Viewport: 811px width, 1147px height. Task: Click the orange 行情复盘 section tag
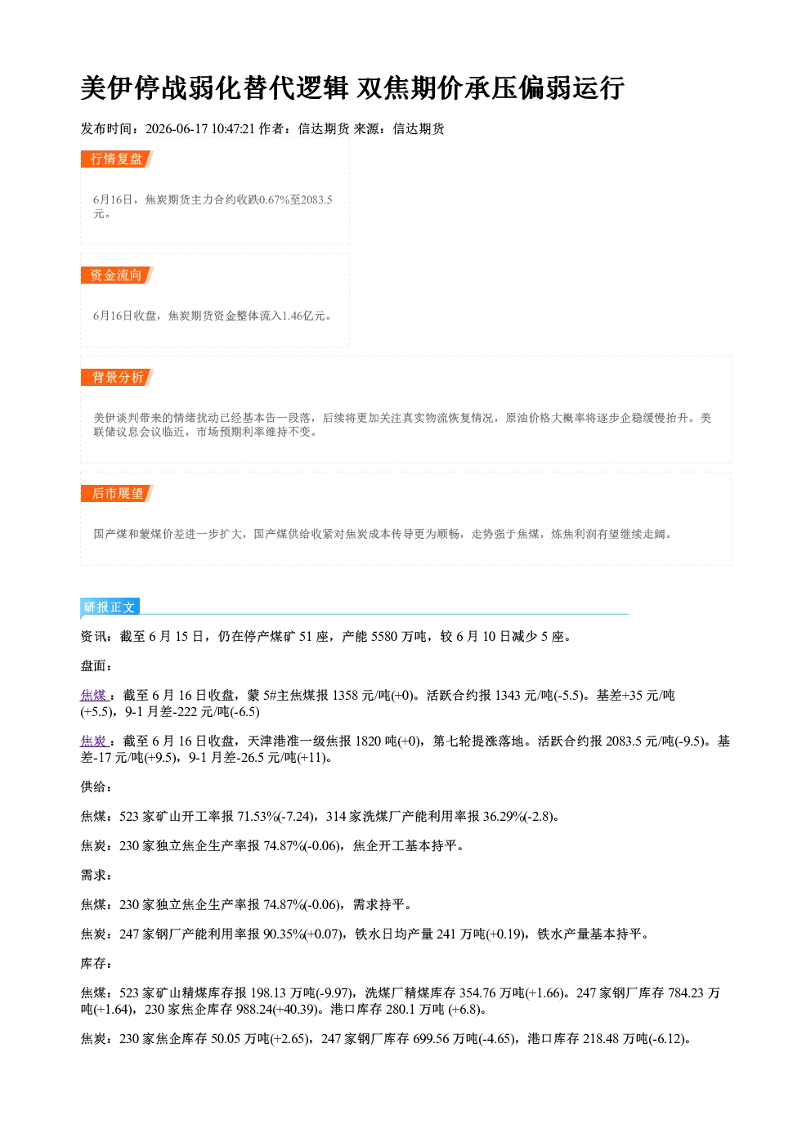click(117, 159)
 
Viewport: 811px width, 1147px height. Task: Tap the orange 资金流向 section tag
click(117, 275)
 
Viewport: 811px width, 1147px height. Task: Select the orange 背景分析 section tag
click(117, 378)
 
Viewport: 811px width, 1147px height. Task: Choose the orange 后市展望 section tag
click(117, 493)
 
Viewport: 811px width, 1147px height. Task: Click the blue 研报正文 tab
click(110, 607)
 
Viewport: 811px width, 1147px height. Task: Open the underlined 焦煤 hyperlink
click(93, 696)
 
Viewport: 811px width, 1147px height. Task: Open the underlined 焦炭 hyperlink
click(93, 741)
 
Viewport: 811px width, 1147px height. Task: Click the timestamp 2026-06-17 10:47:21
click(200, 128)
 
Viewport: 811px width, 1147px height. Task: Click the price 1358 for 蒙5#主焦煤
click(346, 696)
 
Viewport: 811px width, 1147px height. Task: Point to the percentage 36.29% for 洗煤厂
click(504, 816)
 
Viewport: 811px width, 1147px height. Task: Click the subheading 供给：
click(96, 786)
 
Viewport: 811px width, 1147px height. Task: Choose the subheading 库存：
click(96, 963)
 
